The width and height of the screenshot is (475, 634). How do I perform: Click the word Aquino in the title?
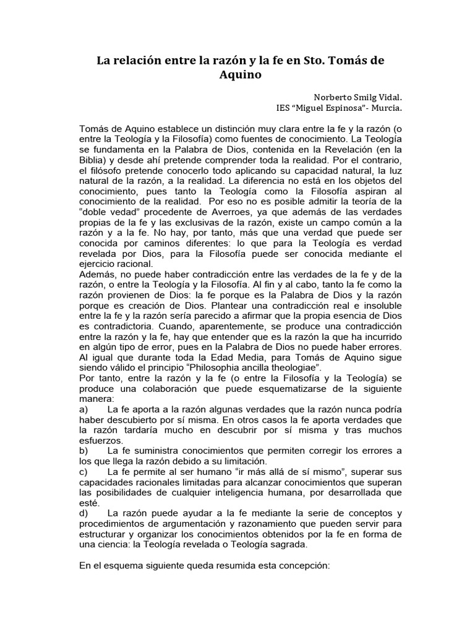(237, 76)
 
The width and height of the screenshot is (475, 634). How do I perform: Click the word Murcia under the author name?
(382, 108)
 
